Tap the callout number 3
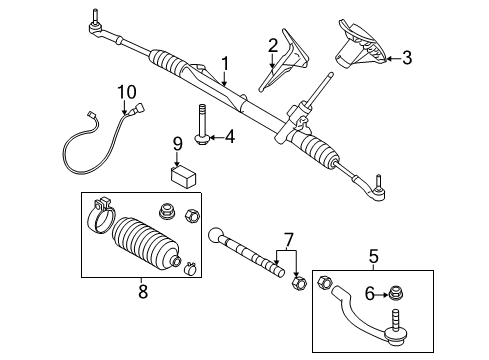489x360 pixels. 406,59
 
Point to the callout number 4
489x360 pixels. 229,136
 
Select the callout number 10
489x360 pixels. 124,92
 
